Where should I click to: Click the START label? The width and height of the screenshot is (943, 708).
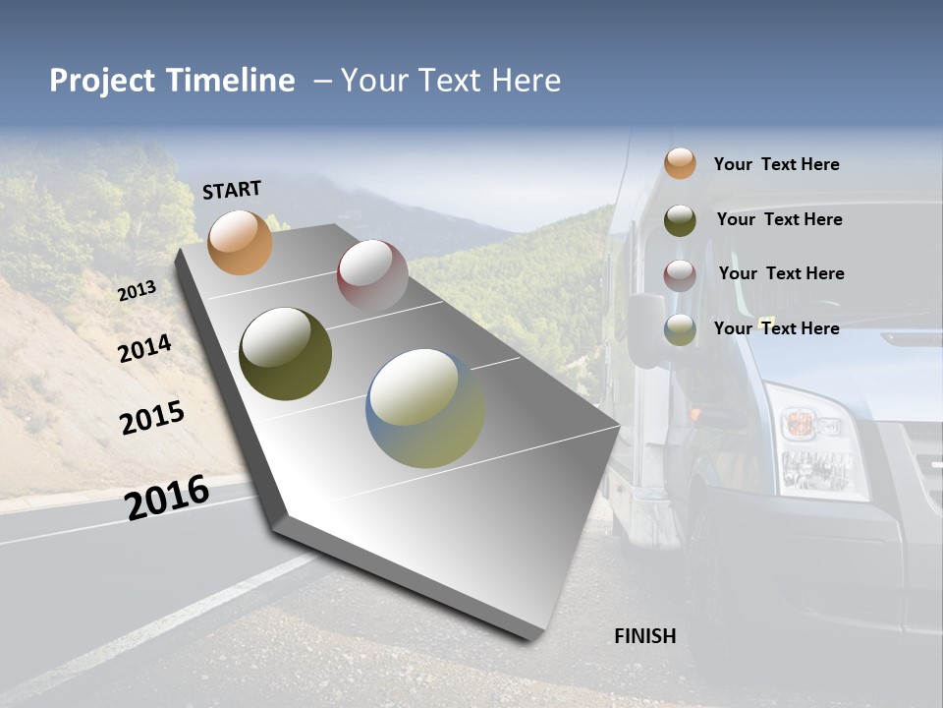pos(232,190)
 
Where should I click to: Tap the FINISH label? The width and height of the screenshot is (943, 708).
pos(644,636)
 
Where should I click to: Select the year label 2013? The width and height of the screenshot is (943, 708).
pos(137,291)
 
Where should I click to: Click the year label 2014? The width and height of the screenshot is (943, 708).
pos(145,348)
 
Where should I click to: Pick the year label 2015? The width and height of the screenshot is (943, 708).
pos(152,418)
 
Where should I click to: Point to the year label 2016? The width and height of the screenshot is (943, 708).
pos(167,498)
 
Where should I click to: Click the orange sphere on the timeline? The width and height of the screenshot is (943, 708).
pos(240,242)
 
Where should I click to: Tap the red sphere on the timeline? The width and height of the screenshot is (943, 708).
pos(372,274)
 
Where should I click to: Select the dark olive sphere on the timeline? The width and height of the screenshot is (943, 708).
pos(285,354)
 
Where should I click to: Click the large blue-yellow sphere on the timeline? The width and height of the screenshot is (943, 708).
pos(425,408)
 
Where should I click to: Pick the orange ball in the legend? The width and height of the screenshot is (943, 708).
pos(680,163)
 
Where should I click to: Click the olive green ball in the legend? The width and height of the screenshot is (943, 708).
pos(680,219)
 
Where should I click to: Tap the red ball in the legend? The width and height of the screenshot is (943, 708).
pos(680,274)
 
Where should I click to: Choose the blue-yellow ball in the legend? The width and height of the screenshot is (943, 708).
pos(680,329)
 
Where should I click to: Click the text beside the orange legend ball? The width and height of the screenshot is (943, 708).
pos(776,164)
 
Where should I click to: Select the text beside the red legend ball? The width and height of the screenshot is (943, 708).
pos(781,273)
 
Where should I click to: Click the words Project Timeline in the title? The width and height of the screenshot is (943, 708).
pos(172,81)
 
